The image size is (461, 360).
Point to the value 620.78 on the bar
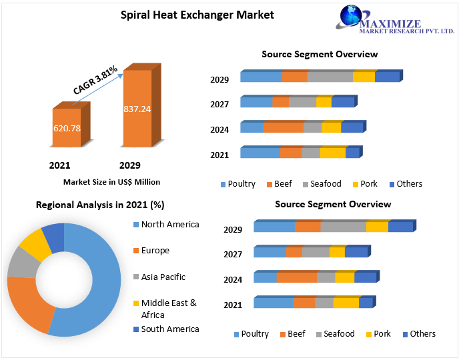point(67,127)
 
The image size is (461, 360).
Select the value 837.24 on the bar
point(137,109)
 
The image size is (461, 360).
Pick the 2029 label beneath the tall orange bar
point(129,165)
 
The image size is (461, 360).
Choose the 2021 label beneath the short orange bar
point(59,165)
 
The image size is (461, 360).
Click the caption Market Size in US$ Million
point(111,181)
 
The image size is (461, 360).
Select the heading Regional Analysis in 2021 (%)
point(100,205)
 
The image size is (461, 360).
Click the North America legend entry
point(169,225)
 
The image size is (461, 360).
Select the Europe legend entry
point(155,251)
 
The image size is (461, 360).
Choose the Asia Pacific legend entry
point(163,277)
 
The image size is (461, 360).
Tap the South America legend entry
point(169,329)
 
